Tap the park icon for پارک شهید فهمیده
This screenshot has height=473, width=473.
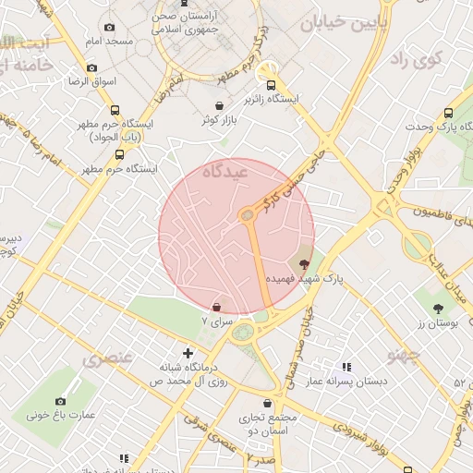tap(305, 264)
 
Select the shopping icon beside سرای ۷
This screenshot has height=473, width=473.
tap(216, 308)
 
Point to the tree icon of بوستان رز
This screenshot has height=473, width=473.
tap(438, 309)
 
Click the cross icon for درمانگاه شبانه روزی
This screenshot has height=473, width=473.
tap(188, 353)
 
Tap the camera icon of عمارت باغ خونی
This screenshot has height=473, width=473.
tap(61, 401)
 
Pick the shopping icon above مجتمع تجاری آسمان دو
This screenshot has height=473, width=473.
tap(268, 404)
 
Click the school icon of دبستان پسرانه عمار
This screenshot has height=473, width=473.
tap(346, 367)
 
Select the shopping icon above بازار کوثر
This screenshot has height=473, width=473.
tap(219, 105)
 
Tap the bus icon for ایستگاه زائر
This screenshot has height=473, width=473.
tap(270, 83)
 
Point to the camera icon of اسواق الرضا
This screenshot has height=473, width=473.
tap(91, 67)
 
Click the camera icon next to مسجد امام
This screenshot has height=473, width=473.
tap(110, 28)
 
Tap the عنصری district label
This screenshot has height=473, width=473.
tap(109, 358)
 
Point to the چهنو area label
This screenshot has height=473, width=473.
tap(404, 354)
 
